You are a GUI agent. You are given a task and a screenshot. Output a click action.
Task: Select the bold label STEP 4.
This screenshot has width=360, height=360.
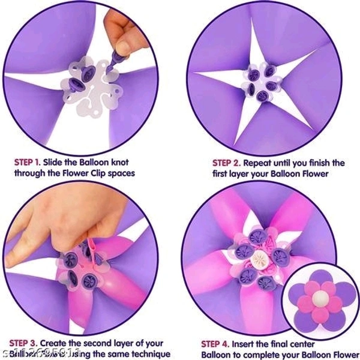[x=218, y=344]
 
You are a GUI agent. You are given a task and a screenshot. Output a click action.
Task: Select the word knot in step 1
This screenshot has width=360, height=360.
[x=119, y=162]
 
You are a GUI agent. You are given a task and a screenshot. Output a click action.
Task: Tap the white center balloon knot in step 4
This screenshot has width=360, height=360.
[x=260, y=259]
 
